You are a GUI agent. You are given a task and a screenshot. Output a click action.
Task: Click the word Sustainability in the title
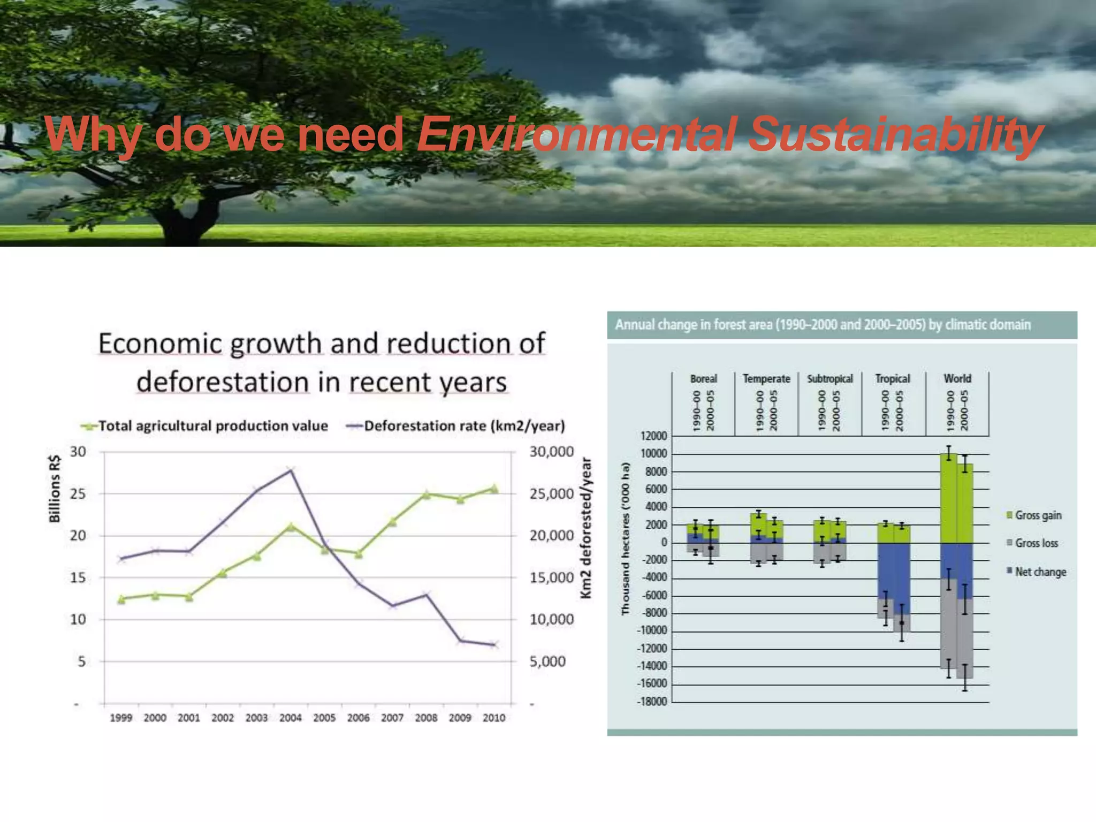pos(895,135)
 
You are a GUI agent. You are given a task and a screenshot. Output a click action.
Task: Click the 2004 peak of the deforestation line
pos(291,470)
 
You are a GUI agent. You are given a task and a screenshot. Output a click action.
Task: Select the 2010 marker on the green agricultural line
pos(494,489)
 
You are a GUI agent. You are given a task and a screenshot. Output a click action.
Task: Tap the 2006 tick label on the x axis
pos(358,718)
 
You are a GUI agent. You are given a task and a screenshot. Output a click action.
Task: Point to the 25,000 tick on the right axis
pos(551,494)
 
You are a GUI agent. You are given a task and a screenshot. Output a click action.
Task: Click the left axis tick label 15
pos(78,577)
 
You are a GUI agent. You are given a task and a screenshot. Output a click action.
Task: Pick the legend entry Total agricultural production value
pos(212,426)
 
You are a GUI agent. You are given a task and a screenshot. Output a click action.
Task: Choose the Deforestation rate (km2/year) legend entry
pos(464,426)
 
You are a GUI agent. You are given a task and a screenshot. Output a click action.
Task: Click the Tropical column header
pos(892,379)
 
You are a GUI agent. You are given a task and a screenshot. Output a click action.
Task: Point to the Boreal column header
pos(703,379)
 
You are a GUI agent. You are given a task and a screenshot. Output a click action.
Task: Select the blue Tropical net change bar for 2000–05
pos(902,578)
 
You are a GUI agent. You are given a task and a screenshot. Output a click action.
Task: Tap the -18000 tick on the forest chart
pos(652,702)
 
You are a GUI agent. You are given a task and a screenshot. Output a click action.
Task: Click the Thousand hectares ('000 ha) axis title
pos(625,539)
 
